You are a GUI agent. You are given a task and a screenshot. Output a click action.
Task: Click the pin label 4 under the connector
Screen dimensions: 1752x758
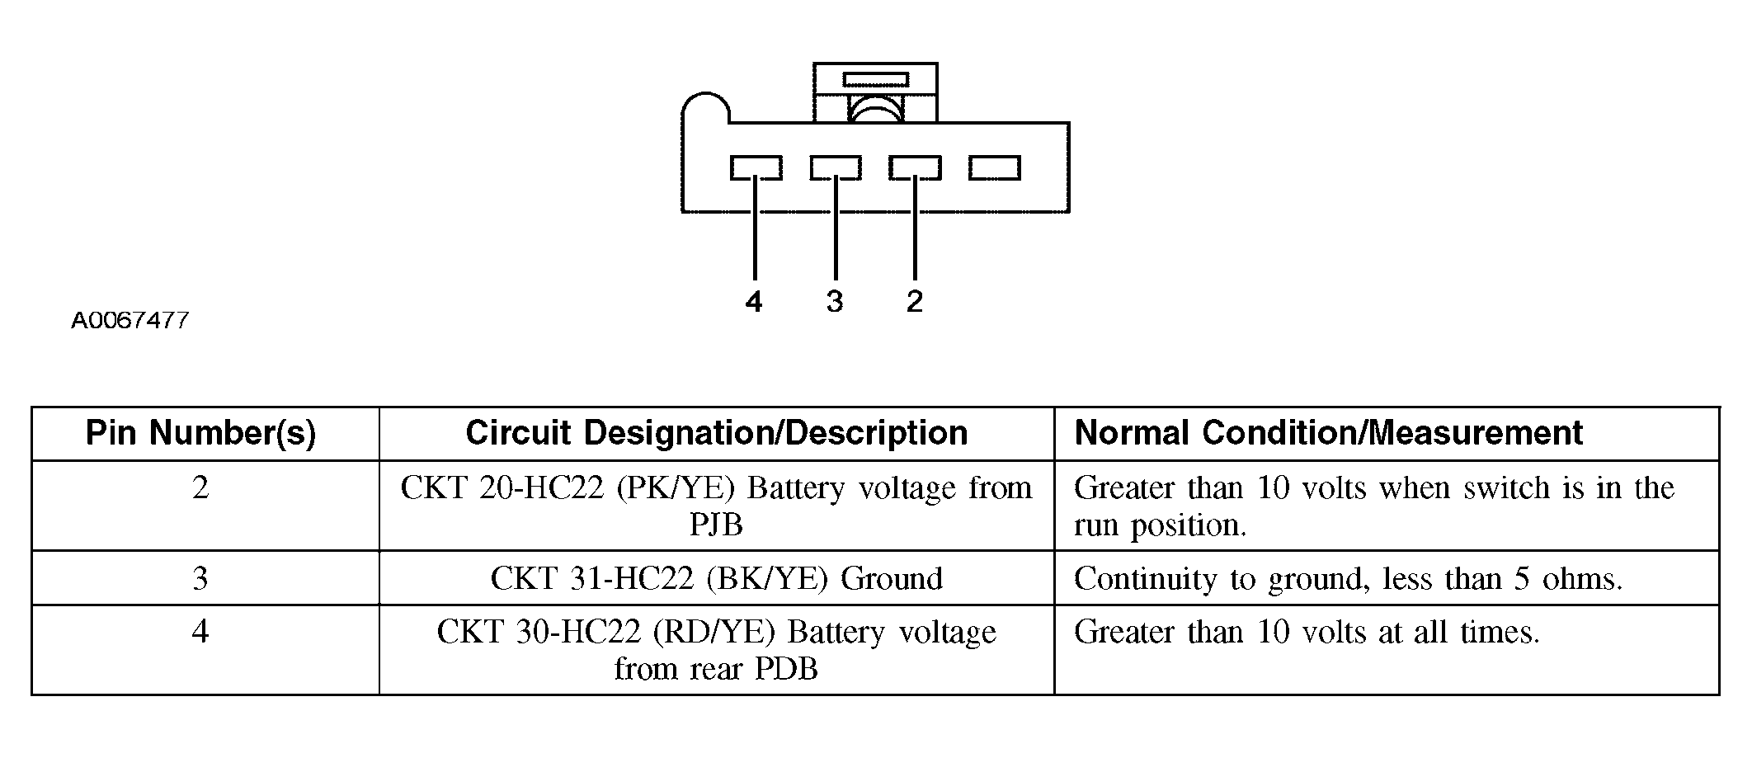[x=754, y=302]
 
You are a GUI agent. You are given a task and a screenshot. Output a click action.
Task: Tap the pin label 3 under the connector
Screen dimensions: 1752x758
[x=835, y=302]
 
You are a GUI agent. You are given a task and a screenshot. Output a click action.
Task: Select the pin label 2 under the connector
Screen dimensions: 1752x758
[x=914, y=302]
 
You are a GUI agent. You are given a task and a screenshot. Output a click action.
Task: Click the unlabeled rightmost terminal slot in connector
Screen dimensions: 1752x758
[x=995, y=168]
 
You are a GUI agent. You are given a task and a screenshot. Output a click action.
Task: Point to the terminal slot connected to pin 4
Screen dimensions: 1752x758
[x=756, y=168]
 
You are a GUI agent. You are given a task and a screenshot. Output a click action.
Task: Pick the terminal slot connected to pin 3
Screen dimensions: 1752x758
[x=836, y=168]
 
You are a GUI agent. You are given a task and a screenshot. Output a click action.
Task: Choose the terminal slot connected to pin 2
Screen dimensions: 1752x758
[x=915, y=168]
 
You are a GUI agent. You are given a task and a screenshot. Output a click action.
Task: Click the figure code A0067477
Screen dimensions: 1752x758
[x=130, y=320]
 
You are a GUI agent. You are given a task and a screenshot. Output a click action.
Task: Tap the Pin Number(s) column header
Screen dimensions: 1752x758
[x=201, y=433]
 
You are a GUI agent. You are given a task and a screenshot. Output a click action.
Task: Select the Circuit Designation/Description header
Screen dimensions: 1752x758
[x=716, y=433]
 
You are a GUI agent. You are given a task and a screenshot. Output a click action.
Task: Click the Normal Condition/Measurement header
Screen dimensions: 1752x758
[x=1328, y=433]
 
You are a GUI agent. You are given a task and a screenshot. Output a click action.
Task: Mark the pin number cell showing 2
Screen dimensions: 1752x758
[x=200, y=488]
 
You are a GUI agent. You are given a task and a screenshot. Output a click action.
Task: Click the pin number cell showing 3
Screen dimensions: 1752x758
[x=200, y=578]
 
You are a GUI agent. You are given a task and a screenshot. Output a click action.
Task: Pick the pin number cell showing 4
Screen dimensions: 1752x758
[x=200, y=632]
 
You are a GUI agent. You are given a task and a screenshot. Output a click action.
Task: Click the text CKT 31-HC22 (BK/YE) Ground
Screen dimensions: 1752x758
[x=716, y=578]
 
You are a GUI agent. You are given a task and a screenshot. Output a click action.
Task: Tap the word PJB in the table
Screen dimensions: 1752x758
[x=716, y=525]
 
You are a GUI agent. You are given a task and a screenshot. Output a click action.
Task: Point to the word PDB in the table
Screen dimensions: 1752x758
[x=785, y=668]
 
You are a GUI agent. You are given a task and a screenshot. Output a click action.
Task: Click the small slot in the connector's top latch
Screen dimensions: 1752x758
[x=875, y=80]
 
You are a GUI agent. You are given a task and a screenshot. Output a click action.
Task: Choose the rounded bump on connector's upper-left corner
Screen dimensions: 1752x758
[x=705, y=108]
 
